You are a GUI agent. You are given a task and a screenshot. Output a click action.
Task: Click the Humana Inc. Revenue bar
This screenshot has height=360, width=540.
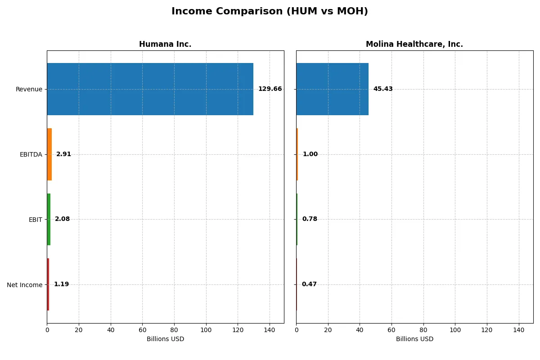pyautogui.click(x=150, y=89)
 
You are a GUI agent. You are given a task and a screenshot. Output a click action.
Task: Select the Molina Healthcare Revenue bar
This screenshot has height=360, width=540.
pyautogui.click(x=332, y=89)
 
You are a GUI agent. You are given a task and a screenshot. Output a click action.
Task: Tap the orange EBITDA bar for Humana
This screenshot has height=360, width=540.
pyautogui.click(x=49, y=154)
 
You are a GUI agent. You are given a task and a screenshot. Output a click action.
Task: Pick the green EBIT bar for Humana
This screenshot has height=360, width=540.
pyautogui.click(x=49, y=219)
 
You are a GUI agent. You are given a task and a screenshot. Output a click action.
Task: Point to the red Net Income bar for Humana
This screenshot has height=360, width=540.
pyautogui.click(x=48, y=284)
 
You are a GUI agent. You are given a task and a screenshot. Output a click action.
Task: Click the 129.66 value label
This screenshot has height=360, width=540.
pyautogui.click(x=270, y=89)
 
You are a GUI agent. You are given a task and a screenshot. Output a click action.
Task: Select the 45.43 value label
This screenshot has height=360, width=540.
pyautogui.click(x=383, y=89)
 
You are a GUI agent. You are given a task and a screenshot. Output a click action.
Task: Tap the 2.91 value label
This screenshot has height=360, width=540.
pyautogui.click(x=63, y=154)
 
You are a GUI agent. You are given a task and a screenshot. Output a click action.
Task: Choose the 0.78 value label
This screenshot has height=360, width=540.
pyautogui.click(x=310, y=219)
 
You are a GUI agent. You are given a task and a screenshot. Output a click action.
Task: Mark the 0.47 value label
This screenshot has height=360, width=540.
pyautogui.click(x=309, y=284)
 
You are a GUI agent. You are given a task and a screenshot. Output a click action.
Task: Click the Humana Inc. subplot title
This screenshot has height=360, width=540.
pyautogui.click(x=165, y=44)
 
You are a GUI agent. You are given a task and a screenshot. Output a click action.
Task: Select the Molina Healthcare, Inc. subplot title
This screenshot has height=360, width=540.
pyautogui.click(x=414, y=44)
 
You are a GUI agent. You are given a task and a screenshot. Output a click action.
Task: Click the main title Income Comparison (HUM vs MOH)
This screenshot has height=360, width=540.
pyautogui.click(x=270, y=12)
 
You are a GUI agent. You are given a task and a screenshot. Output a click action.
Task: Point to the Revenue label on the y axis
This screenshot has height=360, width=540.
pyautogui.click(x=29, y=89)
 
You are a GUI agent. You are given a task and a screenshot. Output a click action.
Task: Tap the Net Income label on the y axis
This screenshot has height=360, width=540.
pyautogui.click(x=25, y=285)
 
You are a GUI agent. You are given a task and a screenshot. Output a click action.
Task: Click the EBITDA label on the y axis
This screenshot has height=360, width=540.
pyautogui.click(x=31, y=154)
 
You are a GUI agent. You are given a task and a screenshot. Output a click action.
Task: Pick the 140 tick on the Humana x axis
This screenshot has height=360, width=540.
pyautogui.click(x=270, y=330)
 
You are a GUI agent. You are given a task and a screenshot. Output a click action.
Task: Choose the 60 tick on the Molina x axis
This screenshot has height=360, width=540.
pyautogui.click(x=391, y=330)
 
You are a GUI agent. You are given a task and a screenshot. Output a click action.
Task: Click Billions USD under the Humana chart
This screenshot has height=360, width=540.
pyautogui.click(x=165, y=339)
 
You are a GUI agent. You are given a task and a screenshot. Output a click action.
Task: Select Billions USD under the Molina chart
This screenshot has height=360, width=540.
pyautogui.click(x=414, y=339)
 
